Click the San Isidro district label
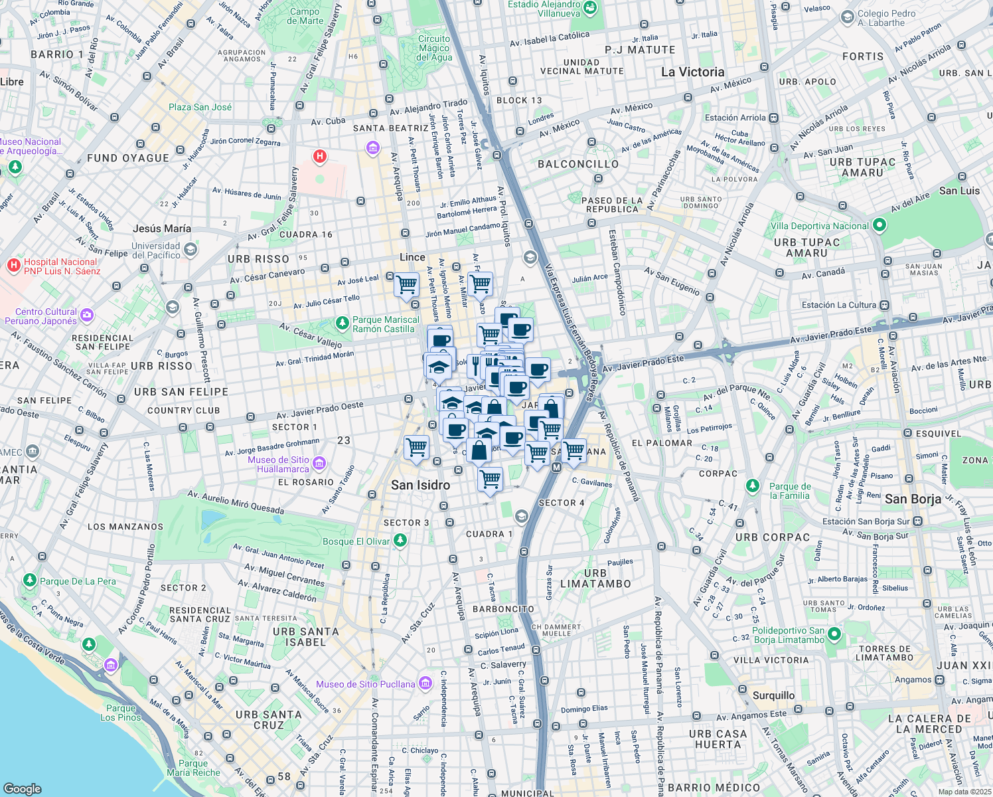[420, 486]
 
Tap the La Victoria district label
[692, 72]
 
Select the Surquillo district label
[773, 695]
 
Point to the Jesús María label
[161, 228]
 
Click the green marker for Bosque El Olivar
[400, 541]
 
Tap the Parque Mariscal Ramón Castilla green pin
[342, 323]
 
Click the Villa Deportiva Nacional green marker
[879, 225]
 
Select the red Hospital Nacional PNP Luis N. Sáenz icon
[13, 266]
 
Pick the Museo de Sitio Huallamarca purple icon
[319, 463]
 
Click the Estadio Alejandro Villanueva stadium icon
[590, 9]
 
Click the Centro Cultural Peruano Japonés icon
[87, 315]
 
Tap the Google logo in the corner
[23, 788]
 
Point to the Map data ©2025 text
[964, 792]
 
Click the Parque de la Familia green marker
[752, 486]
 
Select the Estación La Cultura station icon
[884, 305]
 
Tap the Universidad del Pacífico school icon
[191, 250]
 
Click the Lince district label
[412, 257]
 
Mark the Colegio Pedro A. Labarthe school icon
[847, 17]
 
